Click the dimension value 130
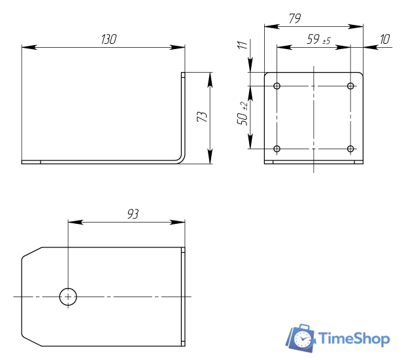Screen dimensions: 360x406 point(109,39)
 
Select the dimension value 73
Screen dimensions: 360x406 point(202,117)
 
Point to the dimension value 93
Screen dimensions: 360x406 point(133,214)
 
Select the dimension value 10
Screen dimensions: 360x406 point(384,40)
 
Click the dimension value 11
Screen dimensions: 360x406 point(243,45)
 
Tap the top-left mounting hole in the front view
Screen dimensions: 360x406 point(277,86)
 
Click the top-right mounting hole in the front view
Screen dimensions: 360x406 point(350,86)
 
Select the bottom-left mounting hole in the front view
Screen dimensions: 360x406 point(277,149)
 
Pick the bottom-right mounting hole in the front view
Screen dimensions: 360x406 point(350,149)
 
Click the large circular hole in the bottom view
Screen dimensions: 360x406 point(68,297)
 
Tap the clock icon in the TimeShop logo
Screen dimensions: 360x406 point(302,338)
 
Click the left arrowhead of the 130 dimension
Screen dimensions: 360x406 point(27,47)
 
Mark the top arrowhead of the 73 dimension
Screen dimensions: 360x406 point(210,77)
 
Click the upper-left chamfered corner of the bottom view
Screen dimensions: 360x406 point(32,252)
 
